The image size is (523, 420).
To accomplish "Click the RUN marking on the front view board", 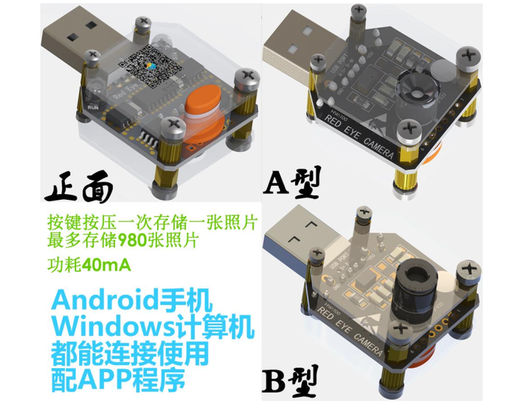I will pyautogui.click(x=93, y=106).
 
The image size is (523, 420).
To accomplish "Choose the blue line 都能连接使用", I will pyautogui.click(x=129, y=354).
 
